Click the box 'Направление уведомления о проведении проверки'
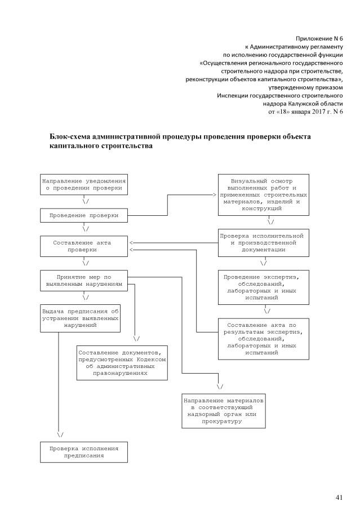84,184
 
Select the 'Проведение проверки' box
84,215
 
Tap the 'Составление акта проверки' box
84,246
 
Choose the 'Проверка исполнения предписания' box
84,451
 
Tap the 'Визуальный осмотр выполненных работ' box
264,194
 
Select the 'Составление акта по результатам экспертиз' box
264,339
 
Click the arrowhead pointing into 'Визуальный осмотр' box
215,194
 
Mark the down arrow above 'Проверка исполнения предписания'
60,434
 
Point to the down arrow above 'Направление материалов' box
220,387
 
